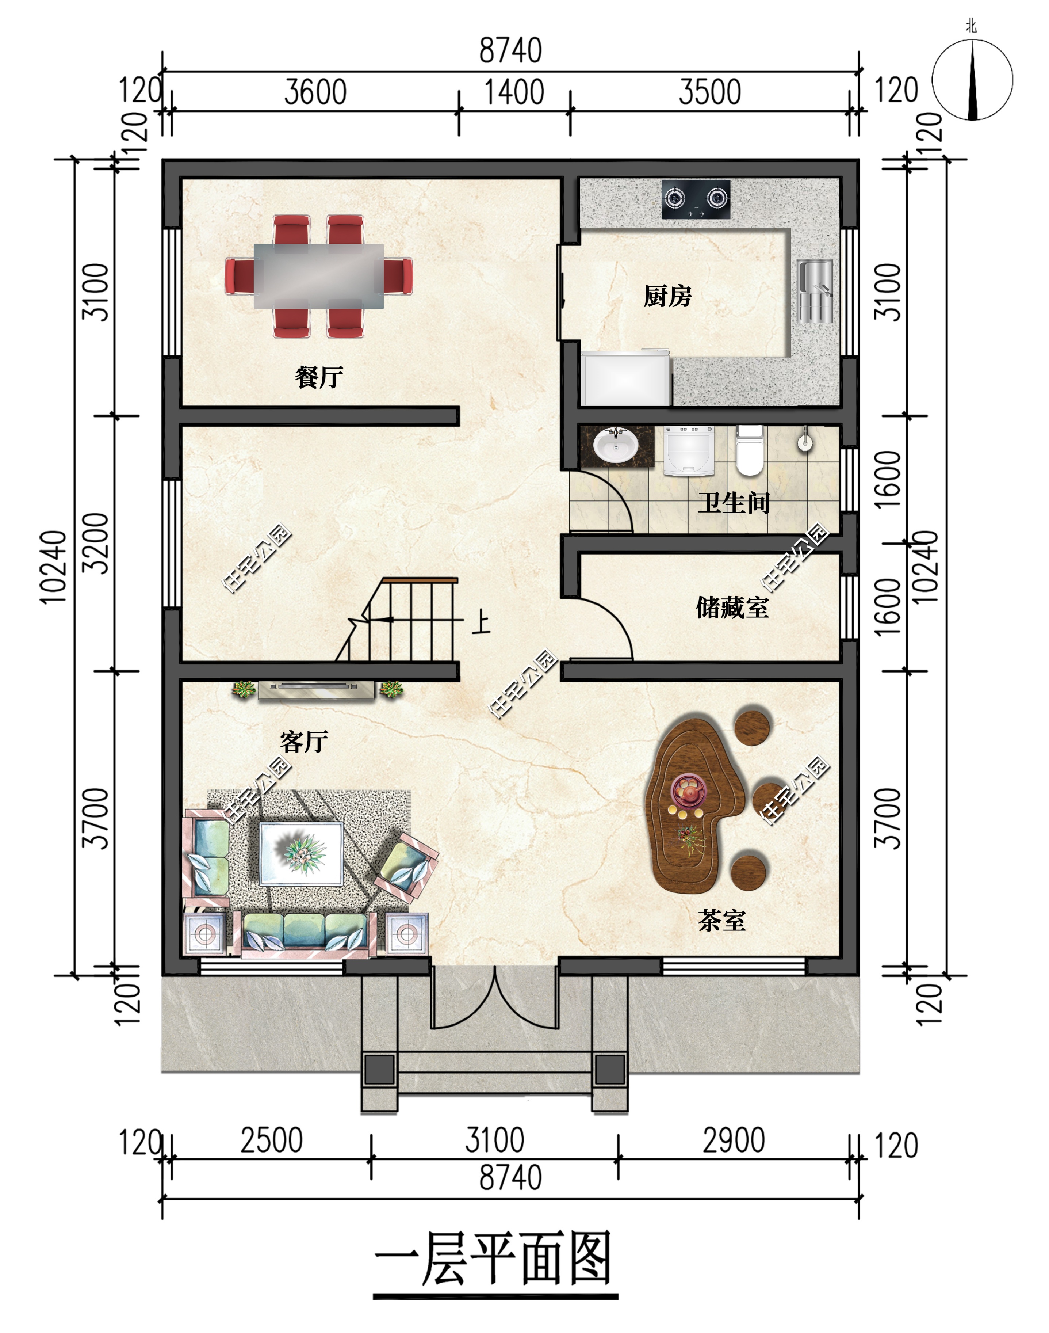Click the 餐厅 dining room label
[319, 377]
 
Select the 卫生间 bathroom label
[734, 503]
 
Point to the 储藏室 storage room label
[732, 608]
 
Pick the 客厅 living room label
[304, 742]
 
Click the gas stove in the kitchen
[696, 199]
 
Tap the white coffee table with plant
[301, 854]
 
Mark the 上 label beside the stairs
[481, 622]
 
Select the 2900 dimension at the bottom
[734, 1140]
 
